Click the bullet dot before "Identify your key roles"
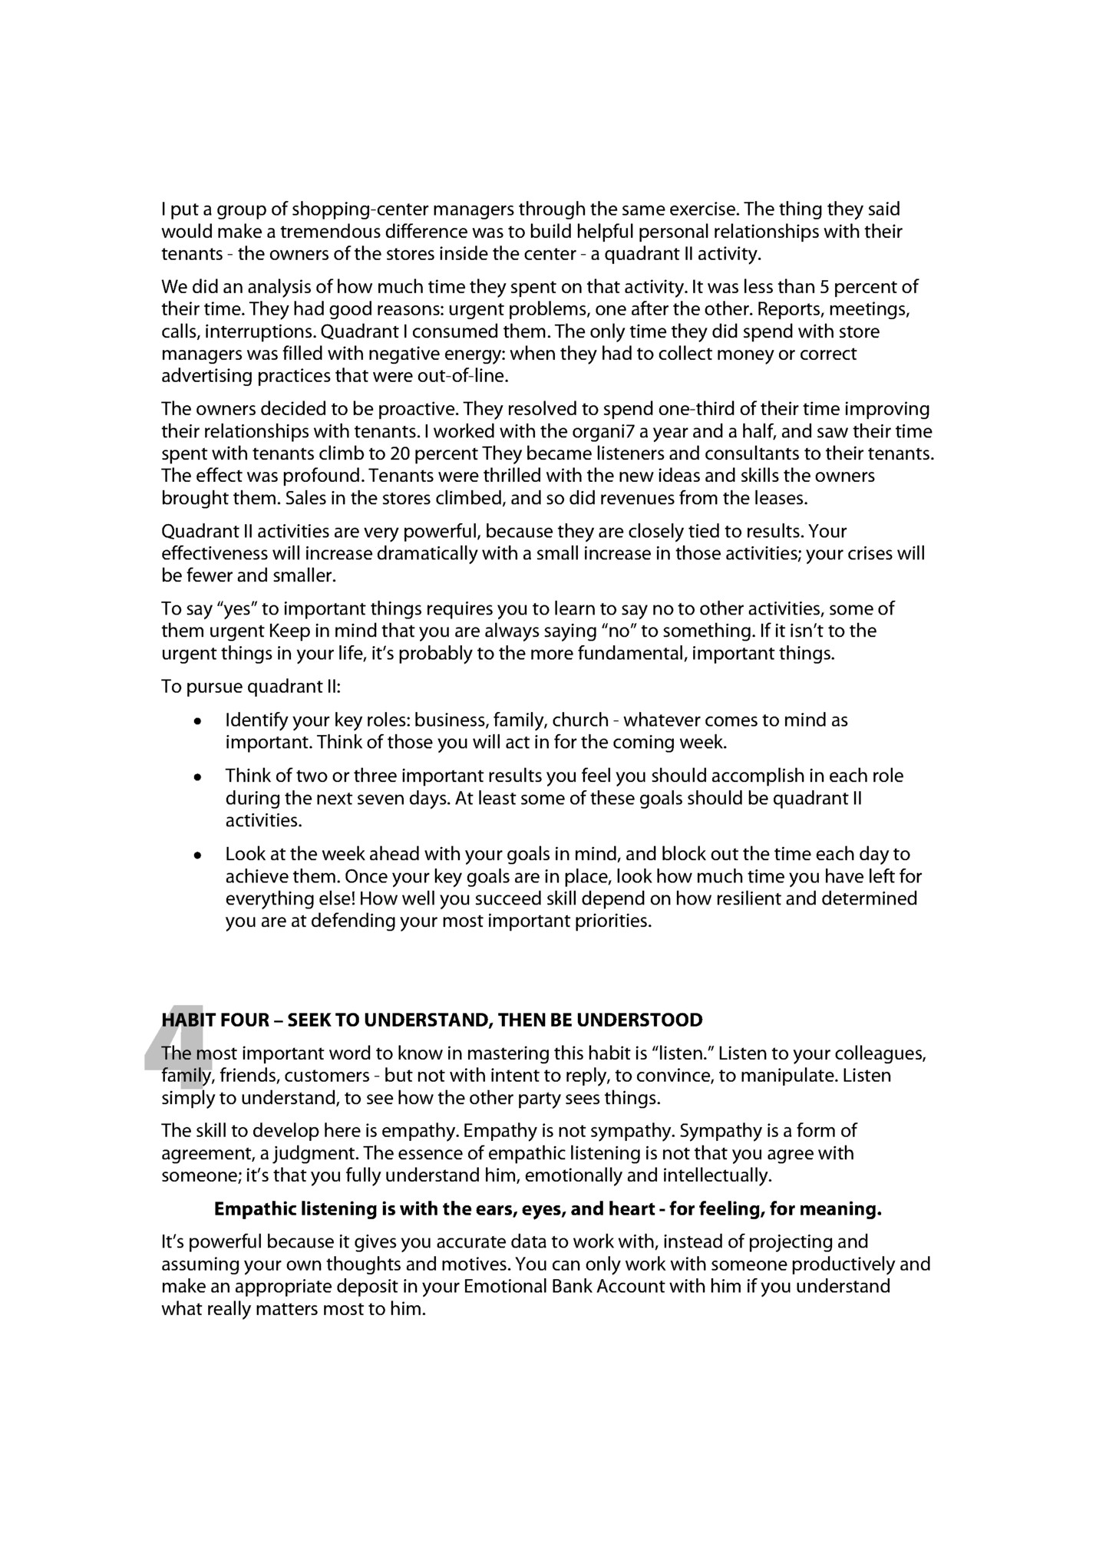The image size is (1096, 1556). [198, 722]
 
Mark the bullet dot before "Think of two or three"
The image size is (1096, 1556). [198, 777]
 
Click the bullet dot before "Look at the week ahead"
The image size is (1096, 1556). [198, 855]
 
